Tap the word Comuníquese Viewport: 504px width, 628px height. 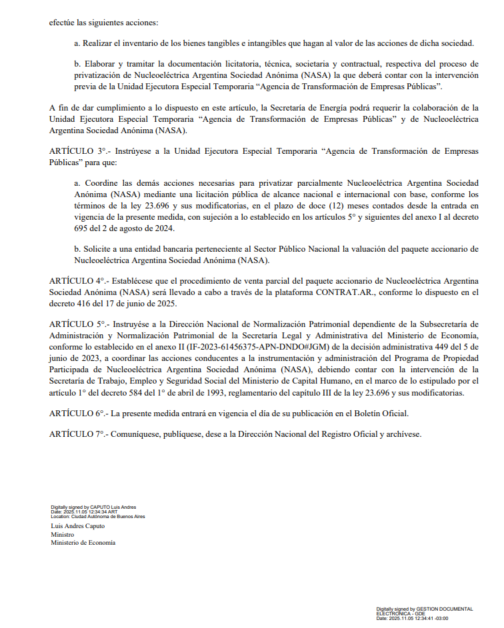(x=135, y=434)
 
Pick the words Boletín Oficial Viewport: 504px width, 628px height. (x=381, y=414)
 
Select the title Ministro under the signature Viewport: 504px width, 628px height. (x=63, y=534)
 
